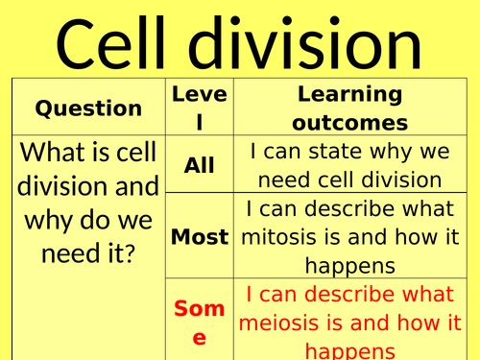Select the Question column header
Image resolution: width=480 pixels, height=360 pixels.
88,108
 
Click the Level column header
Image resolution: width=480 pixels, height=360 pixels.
199,108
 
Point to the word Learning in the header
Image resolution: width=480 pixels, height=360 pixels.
348,95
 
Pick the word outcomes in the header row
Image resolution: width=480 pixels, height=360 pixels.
348,123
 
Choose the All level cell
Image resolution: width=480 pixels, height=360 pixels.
199,165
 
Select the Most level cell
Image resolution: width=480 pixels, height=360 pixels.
199,236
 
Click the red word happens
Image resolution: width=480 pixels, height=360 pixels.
348,350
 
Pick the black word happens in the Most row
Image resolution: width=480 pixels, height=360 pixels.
348,264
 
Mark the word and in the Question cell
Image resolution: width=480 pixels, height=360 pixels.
133,187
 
